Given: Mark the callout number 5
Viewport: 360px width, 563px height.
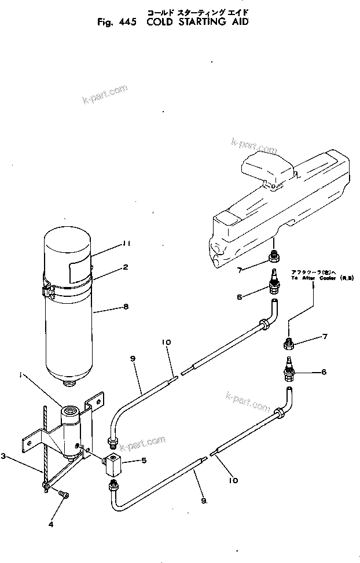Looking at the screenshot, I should pos(145,461).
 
